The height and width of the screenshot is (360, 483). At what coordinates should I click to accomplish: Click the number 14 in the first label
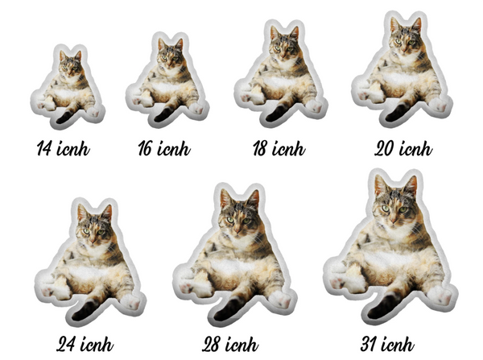coord(43,148)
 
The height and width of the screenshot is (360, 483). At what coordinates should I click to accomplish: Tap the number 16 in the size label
coord(145,148)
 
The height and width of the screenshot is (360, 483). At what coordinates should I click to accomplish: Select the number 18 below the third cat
coord(260,148)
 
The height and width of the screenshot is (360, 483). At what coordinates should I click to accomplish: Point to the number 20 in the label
coord(385,148)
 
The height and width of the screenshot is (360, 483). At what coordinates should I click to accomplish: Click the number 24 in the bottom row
coord(66,344)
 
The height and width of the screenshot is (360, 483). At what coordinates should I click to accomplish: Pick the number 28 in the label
coord(212,344)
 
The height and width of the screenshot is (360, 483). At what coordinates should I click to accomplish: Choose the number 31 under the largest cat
coord(368,344)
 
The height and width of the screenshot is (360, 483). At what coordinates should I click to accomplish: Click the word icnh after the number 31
coord(398,344)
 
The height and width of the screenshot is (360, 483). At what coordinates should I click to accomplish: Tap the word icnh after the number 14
coord(73,148)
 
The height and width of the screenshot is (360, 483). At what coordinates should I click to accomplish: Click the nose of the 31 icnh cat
coord(394,221)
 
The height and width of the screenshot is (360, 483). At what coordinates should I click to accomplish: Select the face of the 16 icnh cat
coord(169,56)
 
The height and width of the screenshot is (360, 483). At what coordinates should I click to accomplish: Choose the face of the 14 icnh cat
coord(70,67)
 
